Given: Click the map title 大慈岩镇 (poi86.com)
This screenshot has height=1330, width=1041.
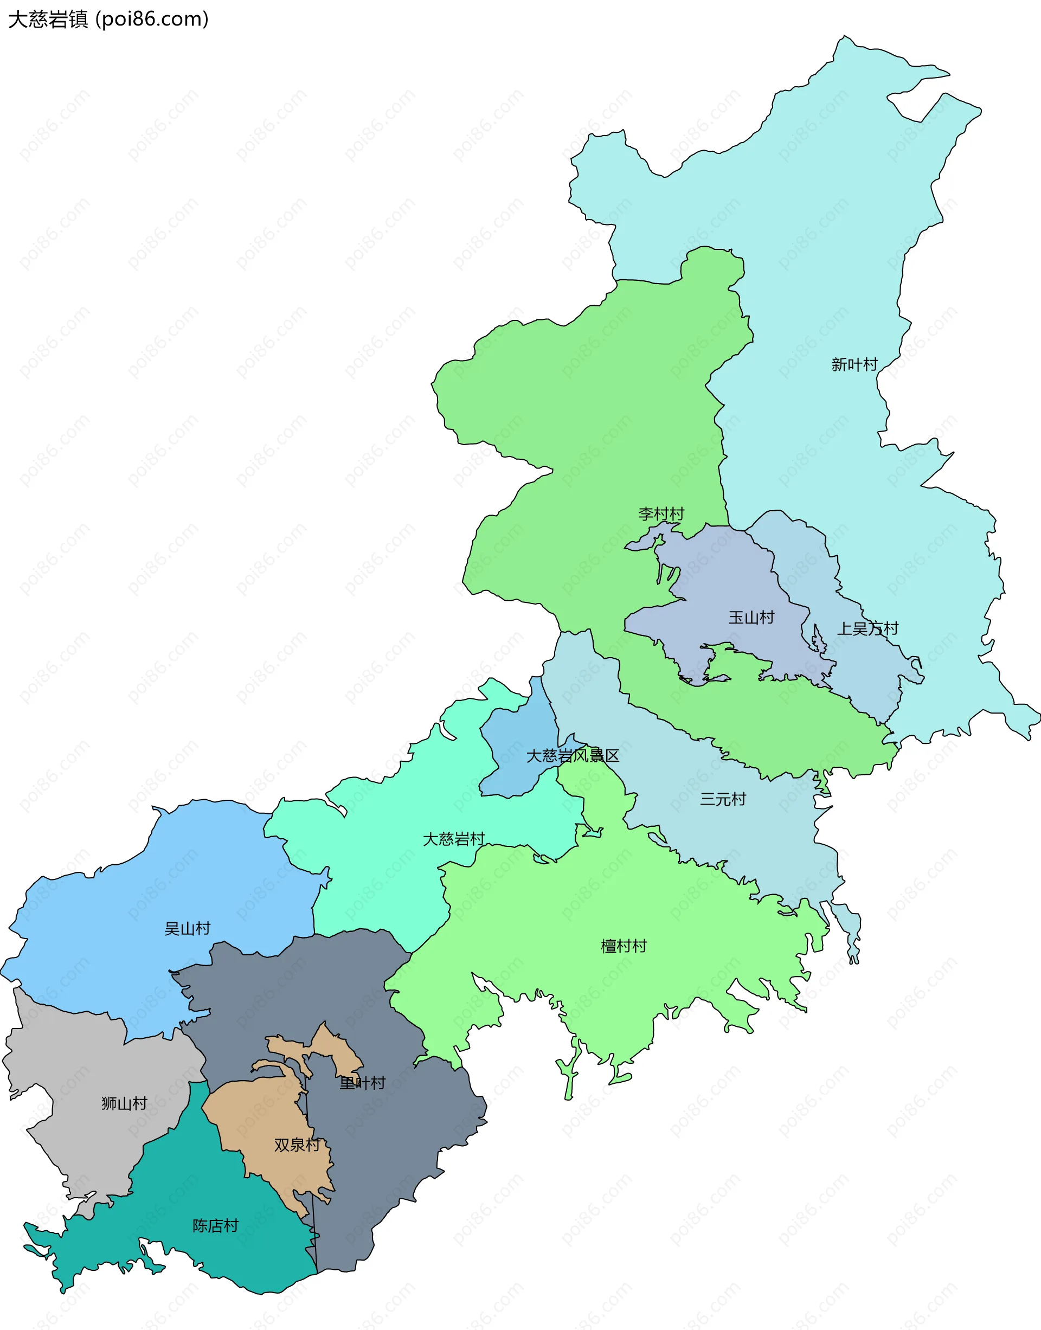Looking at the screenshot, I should tap(108, 20).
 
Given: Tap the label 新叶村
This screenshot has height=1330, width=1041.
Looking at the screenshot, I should tap(854, 364).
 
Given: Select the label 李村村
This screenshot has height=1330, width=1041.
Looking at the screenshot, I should tap(661, 514).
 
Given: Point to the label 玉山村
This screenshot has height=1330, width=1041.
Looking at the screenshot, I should tap(751, 618).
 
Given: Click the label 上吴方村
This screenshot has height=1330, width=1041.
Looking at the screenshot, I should tap(868, 628).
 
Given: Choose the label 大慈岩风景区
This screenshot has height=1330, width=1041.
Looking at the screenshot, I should tap(573, 756).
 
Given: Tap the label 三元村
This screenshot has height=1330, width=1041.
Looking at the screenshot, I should tap(723, 799).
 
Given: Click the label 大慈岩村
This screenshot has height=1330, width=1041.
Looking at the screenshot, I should tap(454, 839).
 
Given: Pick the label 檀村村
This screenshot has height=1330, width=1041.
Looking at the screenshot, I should tap(624, 946).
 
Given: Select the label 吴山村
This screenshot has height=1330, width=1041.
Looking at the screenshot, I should tap(187, 928).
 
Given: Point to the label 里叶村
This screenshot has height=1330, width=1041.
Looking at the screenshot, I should tap(363, 1083).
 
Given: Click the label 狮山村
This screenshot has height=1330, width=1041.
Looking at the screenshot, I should tap(124, 1103).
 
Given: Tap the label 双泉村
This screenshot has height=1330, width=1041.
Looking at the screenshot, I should tap(297, 1145).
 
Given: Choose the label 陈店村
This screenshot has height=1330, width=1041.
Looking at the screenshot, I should tap(215, 1226).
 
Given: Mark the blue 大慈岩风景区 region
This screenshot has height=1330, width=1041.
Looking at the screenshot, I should tap(518, 731).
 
